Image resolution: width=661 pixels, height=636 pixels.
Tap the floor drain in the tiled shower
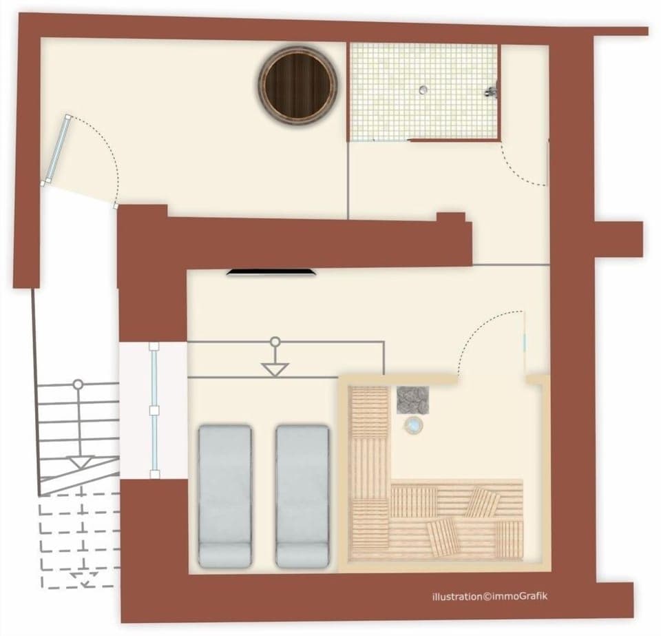pyautogui.click(x=423, y=89)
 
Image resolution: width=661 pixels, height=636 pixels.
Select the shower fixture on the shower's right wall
pyautogui.click(x=491, y=90)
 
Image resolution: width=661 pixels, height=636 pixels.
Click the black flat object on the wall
pyautogui.click(x=273, y=273)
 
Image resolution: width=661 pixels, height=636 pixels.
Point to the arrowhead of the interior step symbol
pyautogui.click(x=275, y=370)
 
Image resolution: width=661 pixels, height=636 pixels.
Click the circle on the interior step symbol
pyautogui.click(x=275, y=341)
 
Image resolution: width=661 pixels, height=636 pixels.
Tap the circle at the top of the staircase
pyautogui.click(x=78, y=384)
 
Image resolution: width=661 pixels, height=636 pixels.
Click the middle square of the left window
pyautogui.click(x=154, y=411)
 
